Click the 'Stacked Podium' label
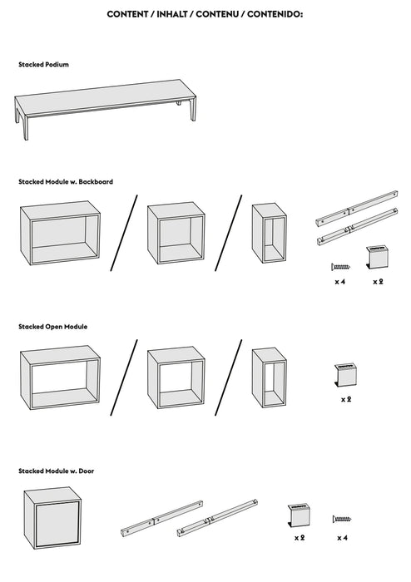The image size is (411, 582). [x=43, y=64]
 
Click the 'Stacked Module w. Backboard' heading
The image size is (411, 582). [x=66, y=181]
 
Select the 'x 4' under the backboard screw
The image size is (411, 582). [x=339, y=283]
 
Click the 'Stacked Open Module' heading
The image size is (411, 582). [x=53, y=327]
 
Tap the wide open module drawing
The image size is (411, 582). [x=60, y=379]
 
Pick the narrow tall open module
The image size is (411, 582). [x=269, y=378]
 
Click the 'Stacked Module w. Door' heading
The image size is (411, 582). [x=57, y=471]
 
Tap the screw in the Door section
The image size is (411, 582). [x=342, y=519]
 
